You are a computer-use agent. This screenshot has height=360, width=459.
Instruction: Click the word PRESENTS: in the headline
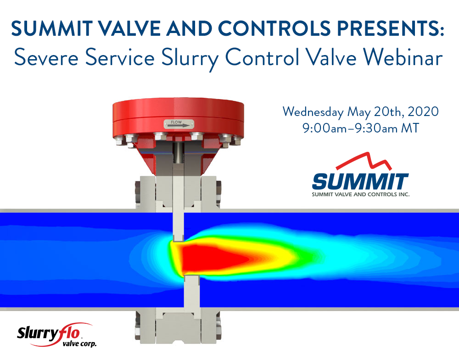(391, 28)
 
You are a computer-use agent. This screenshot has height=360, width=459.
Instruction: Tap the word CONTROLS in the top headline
(274, 28)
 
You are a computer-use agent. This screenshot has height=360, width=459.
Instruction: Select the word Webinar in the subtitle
(403, 57)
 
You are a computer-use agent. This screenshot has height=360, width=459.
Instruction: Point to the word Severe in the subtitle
(46, 57)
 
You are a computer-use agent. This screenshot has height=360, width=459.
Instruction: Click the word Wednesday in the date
(313, 112)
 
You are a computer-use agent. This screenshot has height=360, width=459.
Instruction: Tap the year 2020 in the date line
(423, 111)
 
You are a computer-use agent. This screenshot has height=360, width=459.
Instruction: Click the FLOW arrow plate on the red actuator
(179, 124)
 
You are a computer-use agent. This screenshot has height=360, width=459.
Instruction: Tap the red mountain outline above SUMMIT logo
(364, 161)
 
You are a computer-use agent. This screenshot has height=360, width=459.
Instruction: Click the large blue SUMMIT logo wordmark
(360, 182)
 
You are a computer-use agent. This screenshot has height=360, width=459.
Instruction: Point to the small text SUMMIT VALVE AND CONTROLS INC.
(360, 194)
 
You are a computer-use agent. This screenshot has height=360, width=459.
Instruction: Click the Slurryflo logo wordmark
(48, 333)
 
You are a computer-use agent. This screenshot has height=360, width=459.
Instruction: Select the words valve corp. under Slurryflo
(79, 343)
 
